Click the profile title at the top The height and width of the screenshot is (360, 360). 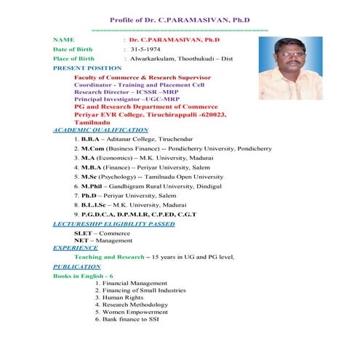(x=181, y=20)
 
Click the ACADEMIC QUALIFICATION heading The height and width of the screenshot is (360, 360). (x=100, y=129)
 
